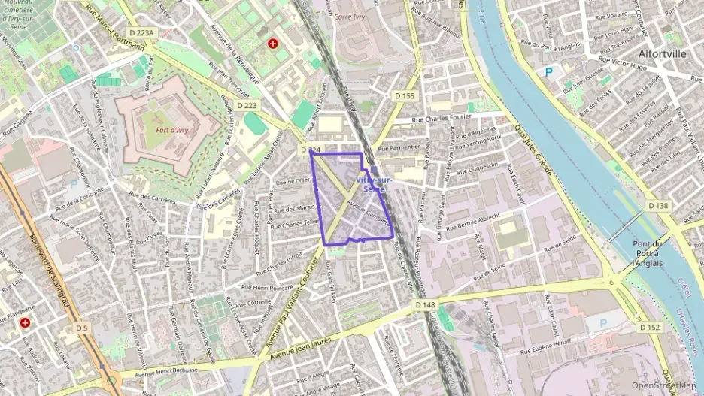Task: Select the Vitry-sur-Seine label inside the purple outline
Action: [372, 184]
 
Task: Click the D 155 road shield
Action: [404, 95]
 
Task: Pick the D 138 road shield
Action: [657, 206]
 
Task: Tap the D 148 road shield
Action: [424, 304]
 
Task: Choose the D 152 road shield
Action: [650, 327]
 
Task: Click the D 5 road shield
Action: [82, 328]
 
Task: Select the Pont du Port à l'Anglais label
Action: [647, 253]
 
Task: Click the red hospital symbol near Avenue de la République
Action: [273, 44]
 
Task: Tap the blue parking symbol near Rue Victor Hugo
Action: [548, 72]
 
